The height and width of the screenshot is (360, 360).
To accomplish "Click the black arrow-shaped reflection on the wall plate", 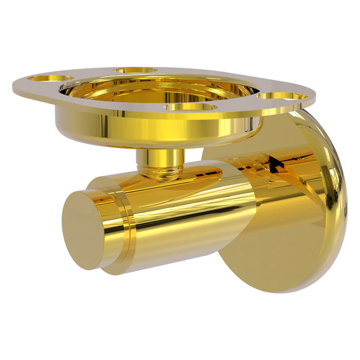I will click(273, 162).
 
